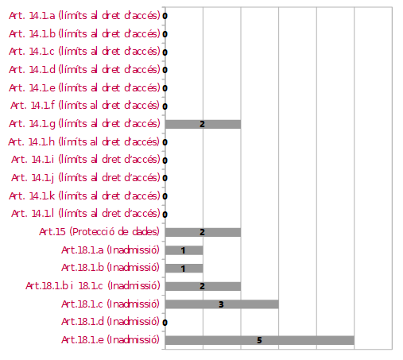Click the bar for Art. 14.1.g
(203, 124)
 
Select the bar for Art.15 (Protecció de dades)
(203, 232)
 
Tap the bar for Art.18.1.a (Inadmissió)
(184, 250)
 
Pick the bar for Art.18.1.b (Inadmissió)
(184, 268)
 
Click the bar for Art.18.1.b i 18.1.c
(203, 286)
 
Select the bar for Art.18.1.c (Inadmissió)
(222, 304)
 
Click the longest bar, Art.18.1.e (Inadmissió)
(260, 340)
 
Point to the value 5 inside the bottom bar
(259, 340)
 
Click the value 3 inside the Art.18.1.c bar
(221, 304)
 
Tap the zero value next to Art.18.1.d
(165, 323)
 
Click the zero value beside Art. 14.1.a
(165, 16)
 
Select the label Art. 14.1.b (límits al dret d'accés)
(84, 34)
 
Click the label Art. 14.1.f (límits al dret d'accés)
(85, 106)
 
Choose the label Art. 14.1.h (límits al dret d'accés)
(83, 142)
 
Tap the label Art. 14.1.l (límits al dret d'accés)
(86, 214)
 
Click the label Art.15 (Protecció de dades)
(99, 232)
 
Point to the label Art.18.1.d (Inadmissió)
(110, 322)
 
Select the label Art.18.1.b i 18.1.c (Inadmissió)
(93, 286)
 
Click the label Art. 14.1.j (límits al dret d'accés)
(86, 178)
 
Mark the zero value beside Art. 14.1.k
(165, 196)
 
